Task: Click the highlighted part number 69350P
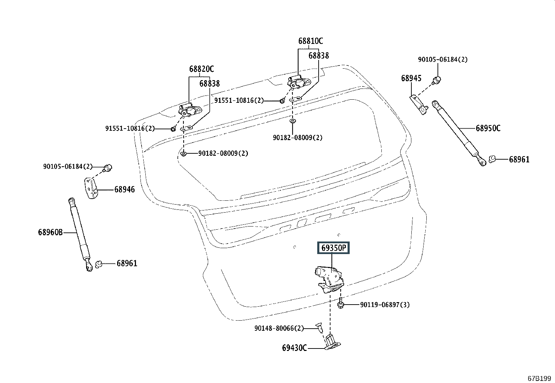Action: [333, 248]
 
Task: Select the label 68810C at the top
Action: [311, 41]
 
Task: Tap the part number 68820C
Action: [202, 69]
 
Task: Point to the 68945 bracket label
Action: [411, 78]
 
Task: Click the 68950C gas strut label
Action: [488, 128]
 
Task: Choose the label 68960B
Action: [50, 232]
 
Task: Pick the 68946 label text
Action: [124, 190]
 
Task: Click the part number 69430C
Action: [294, 348]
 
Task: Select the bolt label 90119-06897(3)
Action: [385, 305]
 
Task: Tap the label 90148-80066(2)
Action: [279, 328]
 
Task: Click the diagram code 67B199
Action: [539, 378]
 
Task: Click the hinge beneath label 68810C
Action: [298, 82]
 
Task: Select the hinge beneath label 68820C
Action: [190, 110]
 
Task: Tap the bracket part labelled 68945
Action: [419, 105]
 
